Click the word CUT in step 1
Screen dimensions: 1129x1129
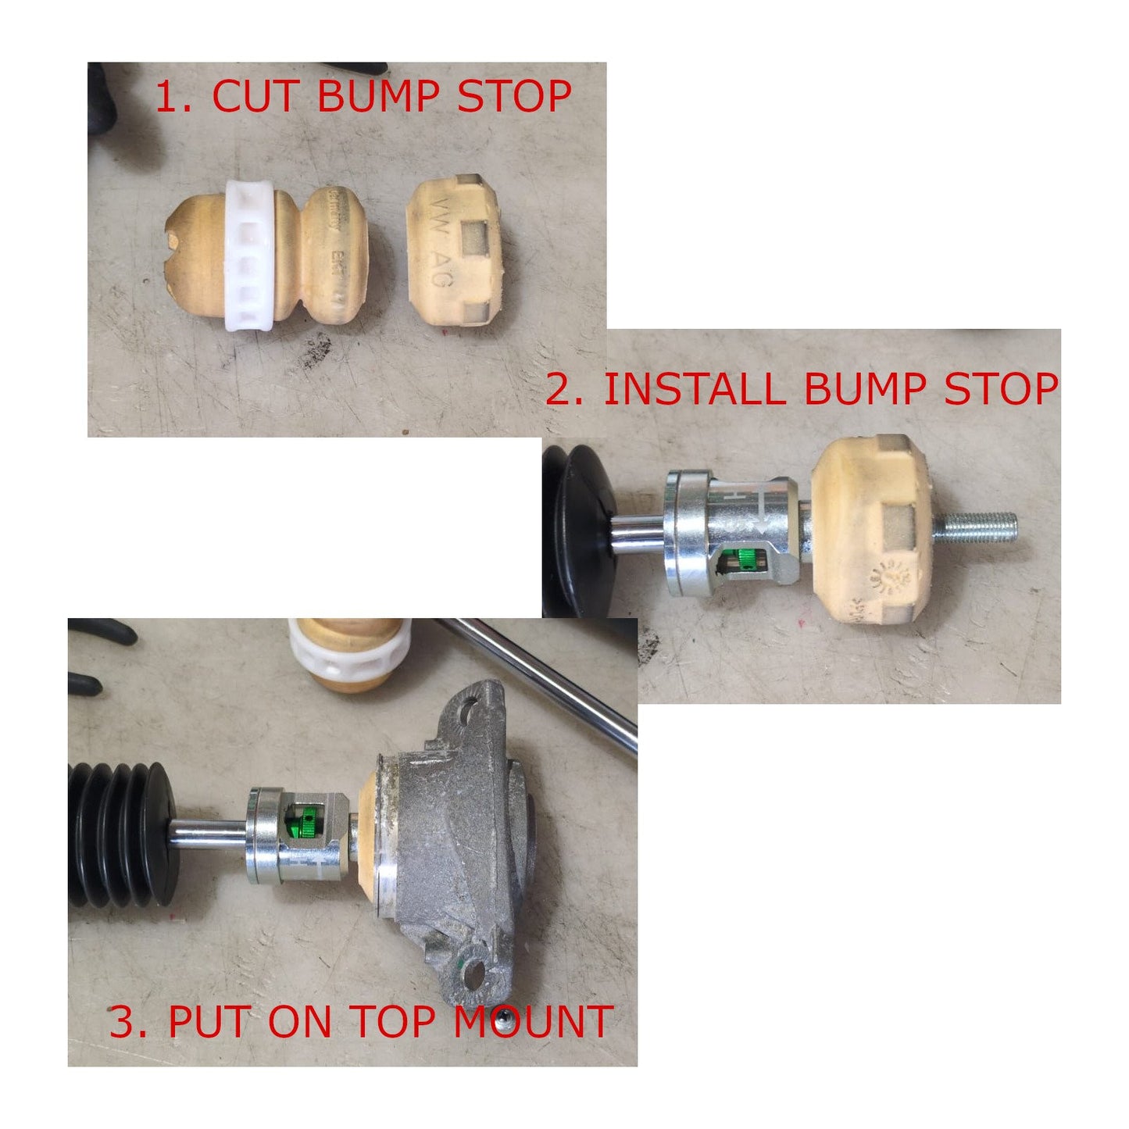point(254,96)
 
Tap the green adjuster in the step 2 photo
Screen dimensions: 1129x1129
point(746,558)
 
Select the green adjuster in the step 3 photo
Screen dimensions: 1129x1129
point(306,823)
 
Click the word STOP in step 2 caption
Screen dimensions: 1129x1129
point(1002,388)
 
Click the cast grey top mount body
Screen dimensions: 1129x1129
point(453,836)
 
